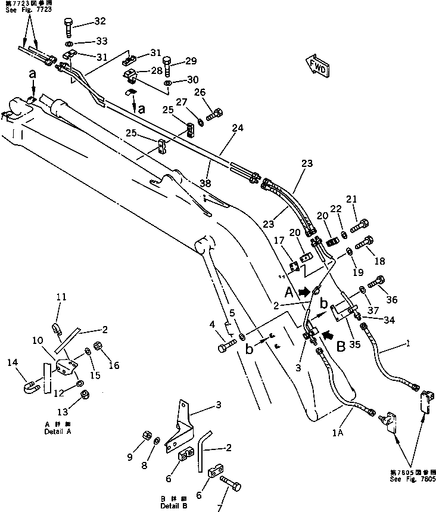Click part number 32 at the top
pyautogui.click(x=99, y=21)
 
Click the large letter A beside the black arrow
pyautogui.click(x=289, y=293)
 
